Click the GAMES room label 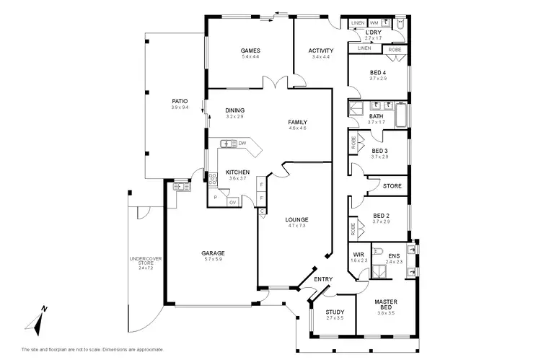250,51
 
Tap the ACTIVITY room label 320,51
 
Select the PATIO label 180,101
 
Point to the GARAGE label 213,253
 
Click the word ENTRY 322,279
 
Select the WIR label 359,254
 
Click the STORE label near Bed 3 392,186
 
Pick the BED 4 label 378,72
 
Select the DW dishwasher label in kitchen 242,144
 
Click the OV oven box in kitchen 233,203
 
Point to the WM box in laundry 374,23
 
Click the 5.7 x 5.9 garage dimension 213,260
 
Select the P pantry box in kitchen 215,196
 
